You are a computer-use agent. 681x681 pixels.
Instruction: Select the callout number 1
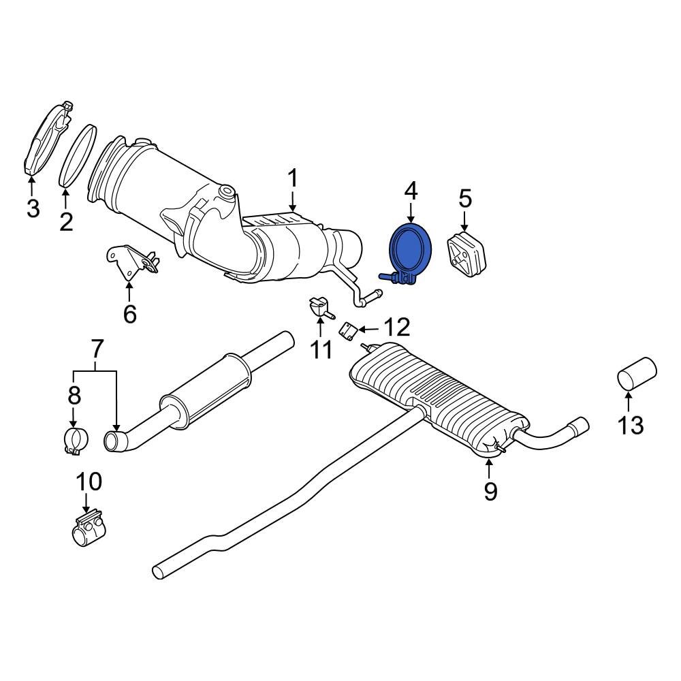(x=292, y=180)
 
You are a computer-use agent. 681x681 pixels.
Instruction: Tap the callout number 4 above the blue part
(x=411, y=191)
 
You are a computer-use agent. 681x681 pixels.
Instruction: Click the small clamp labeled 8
(x=75, y=441)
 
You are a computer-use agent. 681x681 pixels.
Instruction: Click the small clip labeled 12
(x=349, y=332)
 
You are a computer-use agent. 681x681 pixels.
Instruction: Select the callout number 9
(x=491, y=490)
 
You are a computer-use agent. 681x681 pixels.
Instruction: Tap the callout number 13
(x=631, y=425)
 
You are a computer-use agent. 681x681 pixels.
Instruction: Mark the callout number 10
(x=89, y=481)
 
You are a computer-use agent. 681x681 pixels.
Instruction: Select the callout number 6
(x=129, y=314)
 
